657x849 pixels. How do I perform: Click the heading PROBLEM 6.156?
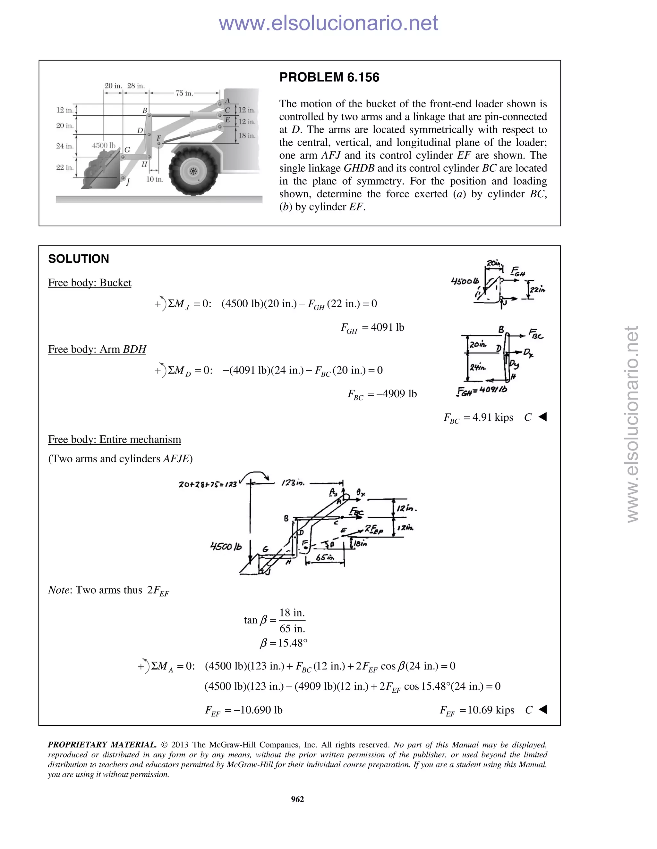(329, 77)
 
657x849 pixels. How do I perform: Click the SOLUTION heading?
(78, 259)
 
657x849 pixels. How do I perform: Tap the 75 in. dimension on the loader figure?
(184, 93)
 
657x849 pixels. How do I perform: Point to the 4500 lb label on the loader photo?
(104, 145)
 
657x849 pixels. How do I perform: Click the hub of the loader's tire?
(193, 171)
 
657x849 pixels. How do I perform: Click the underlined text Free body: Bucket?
(90, 283)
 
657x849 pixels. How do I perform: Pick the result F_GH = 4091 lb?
(372, 328)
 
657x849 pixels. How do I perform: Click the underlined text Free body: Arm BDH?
(97, 349)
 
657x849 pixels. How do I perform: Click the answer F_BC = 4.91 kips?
(478, 417)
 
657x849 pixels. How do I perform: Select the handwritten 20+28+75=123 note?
(208, 484)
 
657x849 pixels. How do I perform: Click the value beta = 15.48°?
(283, 643)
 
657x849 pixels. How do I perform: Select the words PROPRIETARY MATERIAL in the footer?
(102, 745)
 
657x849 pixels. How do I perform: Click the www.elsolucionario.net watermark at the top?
(328, 23)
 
